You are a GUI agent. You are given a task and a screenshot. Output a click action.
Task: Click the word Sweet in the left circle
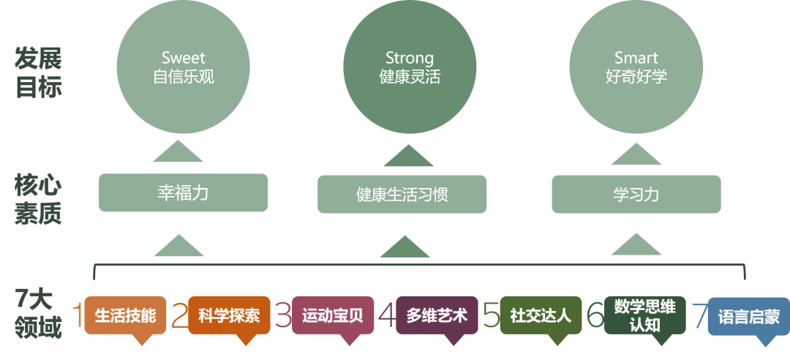point(183,58)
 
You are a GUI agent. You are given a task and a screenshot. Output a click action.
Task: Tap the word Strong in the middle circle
point(410,58)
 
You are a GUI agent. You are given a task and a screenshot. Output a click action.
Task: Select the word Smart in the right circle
point(636,58)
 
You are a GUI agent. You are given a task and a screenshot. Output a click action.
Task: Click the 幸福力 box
point(183,193)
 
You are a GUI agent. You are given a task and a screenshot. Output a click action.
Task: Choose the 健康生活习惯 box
point(402,195)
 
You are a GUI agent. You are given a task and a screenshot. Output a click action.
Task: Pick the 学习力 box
point(636,195)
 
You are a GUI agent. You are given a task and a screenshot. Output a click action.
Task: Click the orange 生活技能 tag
point(125,315)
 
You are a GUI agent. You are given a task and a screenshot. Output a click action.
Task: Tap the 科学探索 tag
point(229,315)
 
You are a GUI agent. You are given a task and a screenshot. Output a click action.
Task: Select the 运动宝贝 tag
point(333,315)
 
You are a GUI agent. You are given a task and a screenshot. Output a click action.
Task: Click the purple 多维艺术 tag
point(437,315)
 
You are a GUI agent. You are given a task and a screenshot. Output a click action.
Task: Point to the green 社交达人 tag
point(541,315)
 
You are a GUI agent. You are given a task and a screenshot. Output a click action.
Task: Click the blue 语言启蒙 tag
point(748,317)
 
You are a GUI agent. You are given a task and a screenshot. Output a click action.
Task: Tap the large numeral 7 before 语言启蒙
point(699,315)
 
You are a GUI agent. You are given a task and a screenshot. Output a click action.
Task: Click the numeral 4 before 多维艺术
point(387,315)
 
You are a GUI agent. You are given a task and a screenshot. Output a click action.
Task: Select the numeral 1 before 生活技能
point(77,315)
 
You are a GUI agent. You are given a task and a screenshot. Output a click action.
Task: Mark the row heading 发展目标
point(39,73)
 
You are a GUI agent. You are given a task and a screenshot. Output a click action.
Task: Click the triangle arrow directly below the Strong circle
point(409,155)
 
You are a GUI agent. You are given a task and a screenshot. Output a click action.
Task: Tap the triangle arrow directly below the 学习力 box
point(636,245)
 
